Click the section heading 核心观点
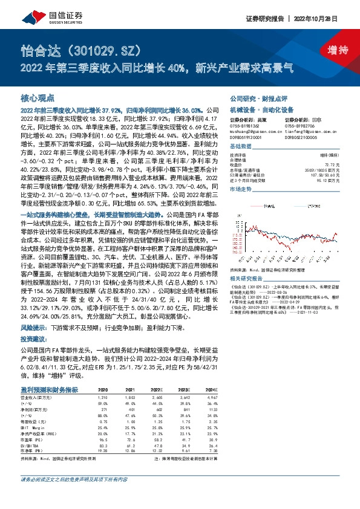point(38,97)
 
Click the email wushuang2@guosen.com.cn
point(249,129)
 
